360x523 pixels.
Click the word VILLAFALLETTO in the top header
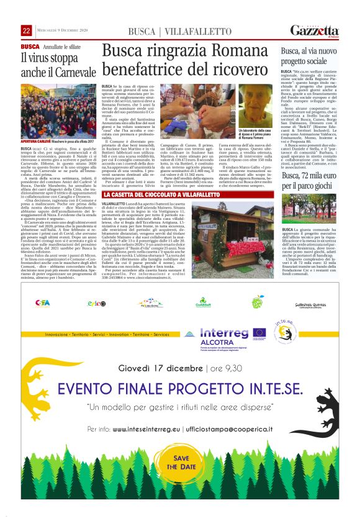[184, 32]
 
